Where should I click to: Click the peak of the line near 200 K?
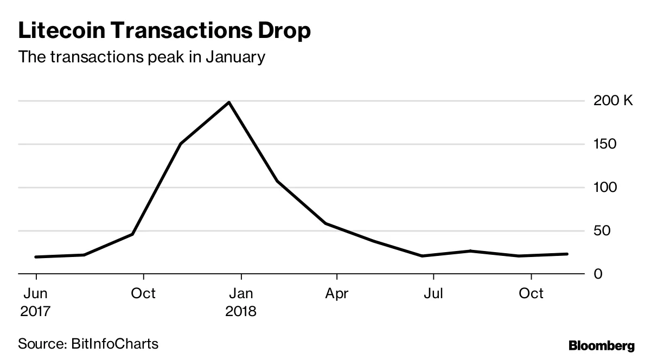pos(229,102)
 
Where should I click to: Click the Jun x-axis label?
pos(36,293)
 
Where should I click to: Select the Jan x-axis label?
pos(240,293)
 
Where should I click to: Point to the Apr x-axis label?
pos(337,293)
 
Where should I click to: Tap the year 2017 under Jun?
pos(36,312)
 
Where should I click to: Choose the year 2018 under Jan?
pos(241,312)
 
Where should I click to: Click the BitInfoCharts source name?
pos(114,344)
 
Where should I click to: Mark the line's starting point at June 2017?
pos(36,257)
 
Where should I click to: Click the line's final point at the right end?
pos(567,254)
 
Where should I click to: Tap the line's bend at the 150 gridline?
pos(181,144)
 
